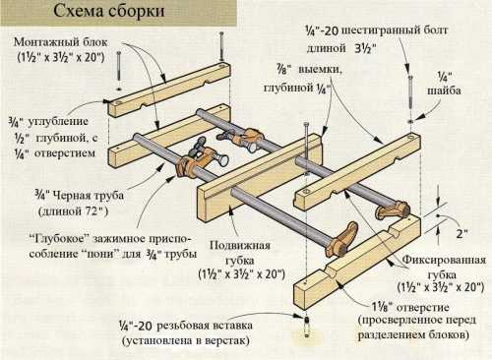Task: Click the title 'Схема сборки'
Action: pyautogui.click(x=109, y=11)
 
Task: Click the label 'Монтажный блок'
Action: pyautogui.click(x=61, y=42)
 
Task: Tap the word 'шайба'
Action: pyautogui.click(x=444, y=90)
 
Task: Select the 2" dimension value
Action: pyautogui.click(x=461, y=233)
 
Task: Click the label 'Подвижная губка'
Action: pyautogui.click(x=240, y=253)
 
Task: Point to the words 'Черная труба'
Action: pyautogui.click(x=88, y=196)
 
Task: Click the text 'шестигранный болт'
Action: pyautogui.click(x=395, y=31)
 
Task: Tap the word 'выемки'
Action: pyautogui.click(x=320, y=71)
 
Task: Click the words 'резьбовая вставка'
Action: pyautogui.click(x=205, y=326)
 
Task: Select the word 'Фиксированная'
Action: pyautogui.click(x=444, y=261)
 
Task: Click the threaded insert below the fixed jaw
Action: pyautogui.click(x=306, y=327)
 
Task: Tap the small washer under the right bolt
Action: pyautogui.click(x=411, y=121)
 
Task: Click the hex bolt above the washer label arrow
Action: pyautogui.click(x=410, y=92)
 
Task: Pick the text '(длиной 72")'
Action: pyautogui.click(x=74, y=211)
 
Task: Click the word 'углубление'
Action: pyautogui.click(x=58, y=122)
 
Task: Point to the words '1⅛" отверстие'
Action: pyautogui.click(x=410, y=308)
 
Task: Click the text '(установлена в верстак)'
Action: pyautogui.click(x=185, y=341)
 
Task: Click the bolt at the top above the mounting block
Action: pyautogui.click(x=221, y=46)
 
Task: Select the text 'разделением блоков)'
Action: pyautogui.click(x=413, y=335)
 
